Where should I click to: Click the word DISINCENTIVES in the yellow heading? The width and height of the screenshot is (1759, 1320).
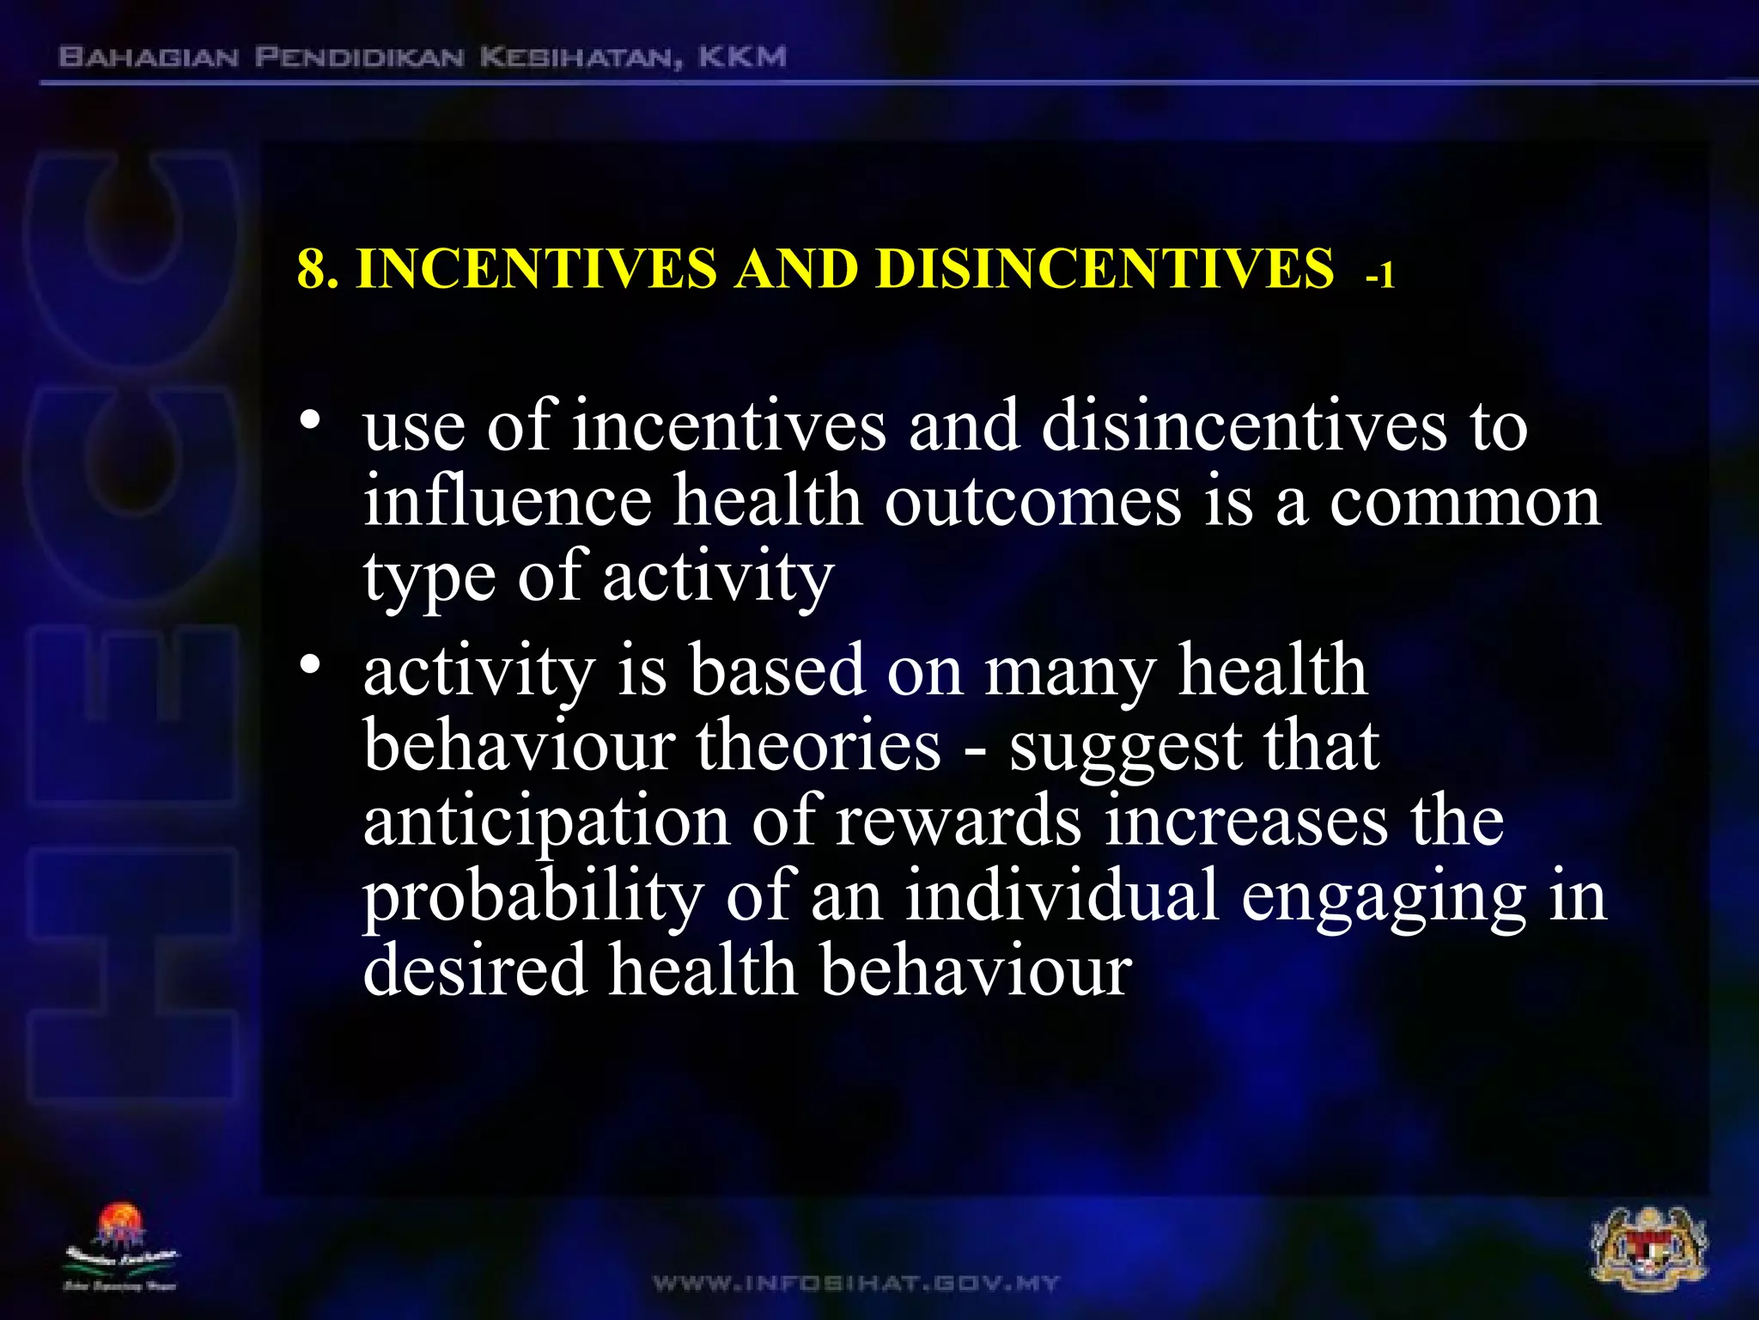coord(1105,268)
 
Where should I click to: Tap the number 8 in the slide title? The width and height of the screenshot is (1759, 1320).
coord(311,268)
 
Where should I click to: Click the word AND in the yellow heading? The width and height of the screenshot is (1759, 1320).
coord(795,268)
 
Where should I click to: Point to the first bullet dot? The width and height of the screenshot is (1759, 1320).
coord(310,420)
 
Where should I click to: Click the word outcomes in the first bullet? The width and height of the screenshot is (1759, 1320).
coord(1032,501)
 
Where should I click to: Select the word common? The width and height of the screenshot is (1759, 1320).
coord(1465,501)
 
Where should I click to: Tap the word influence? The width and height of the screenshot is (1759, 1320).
coord(507,501)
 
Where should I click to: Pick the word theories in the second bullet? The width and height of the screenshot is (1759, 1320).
coord(819,745)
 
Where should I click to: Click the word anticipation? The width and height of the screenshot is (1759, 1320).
coord(546,822)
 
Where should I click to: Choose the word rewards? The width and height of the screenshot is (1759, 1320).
coord(958,822)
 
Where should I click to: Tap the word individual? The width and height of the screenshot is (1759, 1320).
coord(1062,895)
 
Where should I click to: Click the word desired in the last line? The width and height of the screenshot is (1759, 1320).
coord(475,970)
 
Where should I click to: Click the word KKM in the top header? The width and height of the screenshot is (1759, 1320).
coord(742,58)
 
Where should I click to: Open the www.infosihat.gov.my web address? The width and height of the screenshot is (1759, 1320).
coord(856,1284)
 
